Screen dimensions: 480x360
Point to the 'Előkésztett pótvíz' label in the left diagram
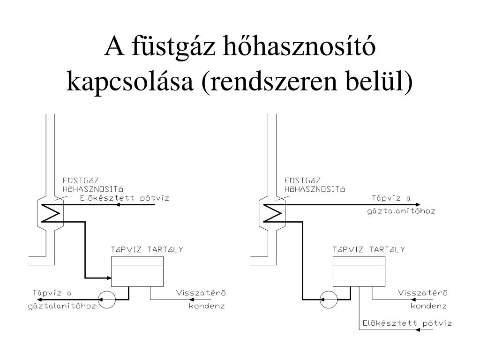[124, 198]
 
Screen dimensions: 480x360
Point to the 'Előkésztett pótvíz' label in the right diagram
[406, 323]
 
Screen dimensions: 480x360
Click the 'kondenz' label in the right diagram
[429, 306]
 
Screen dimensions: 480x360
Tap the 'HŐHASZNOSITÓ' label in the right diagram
[315, 189]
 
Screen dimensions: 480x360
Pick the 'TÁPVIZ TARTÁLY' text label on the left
[147, 249]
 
